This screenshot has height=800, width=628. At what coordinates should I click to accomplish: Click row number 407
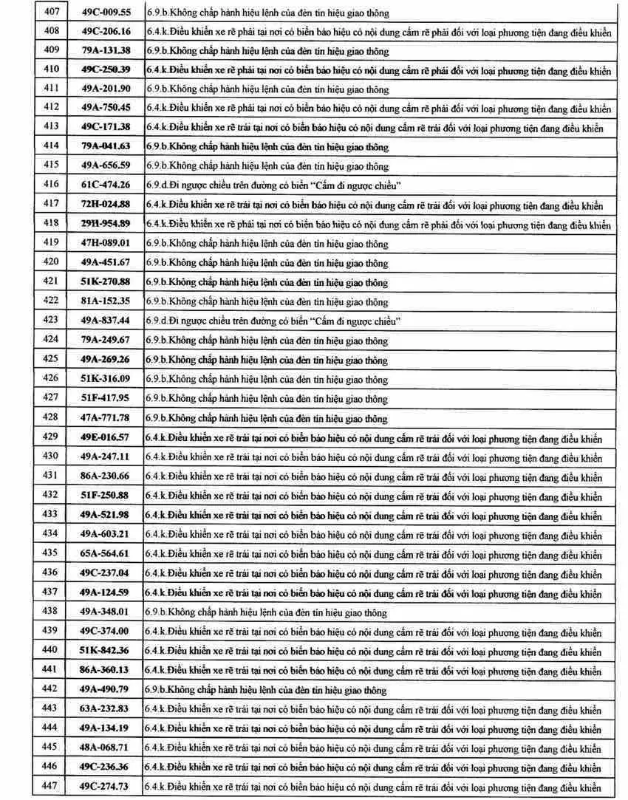[50, 13]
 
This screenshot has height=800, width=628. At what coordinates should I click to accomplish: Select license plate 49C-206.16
[106, 32]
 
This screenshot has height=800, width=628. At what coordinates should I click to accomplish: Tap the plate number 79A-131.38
[106, 51]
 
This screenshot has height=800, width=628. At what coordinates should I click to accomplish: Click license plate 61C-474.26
[106, 185]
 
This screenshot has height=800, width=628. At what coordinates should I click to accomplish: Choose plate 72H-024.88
[106, 204]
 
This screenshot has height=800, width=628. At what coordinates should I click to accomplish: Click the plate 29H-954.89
[106, 224]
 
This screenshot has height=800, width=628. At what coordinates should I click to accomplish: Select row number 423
[50, 320]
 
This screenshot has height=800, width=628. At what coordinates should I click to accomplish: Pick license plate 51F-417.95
[106, 397]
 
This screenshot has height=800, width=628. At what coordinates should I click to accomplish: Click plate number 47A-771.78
[106, 417]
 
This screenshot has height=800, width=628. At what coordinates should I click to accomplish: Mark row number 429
[50, 437]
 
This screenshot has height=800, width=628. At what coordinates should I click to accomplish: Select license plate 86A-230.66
[106, 476]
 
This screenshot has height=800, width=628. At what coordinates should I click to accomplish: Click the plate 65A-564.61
[106, 554]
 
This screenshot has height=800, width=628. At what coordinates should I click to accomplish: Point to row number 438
[50, 612]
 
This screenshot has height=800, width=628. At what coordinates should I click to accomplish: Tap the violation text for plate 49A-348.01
[267, 612]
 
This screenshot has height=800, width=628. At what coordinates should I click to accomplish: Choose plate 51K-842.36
[106, 651]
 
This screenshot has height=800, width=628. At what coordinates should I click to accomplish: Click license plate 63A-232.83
[106, 708]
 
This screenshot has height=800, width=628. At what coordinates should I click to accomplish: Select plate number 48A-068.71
[106, 747]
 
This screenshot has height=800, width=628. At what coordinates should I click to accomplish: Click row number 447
[50, 785]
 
